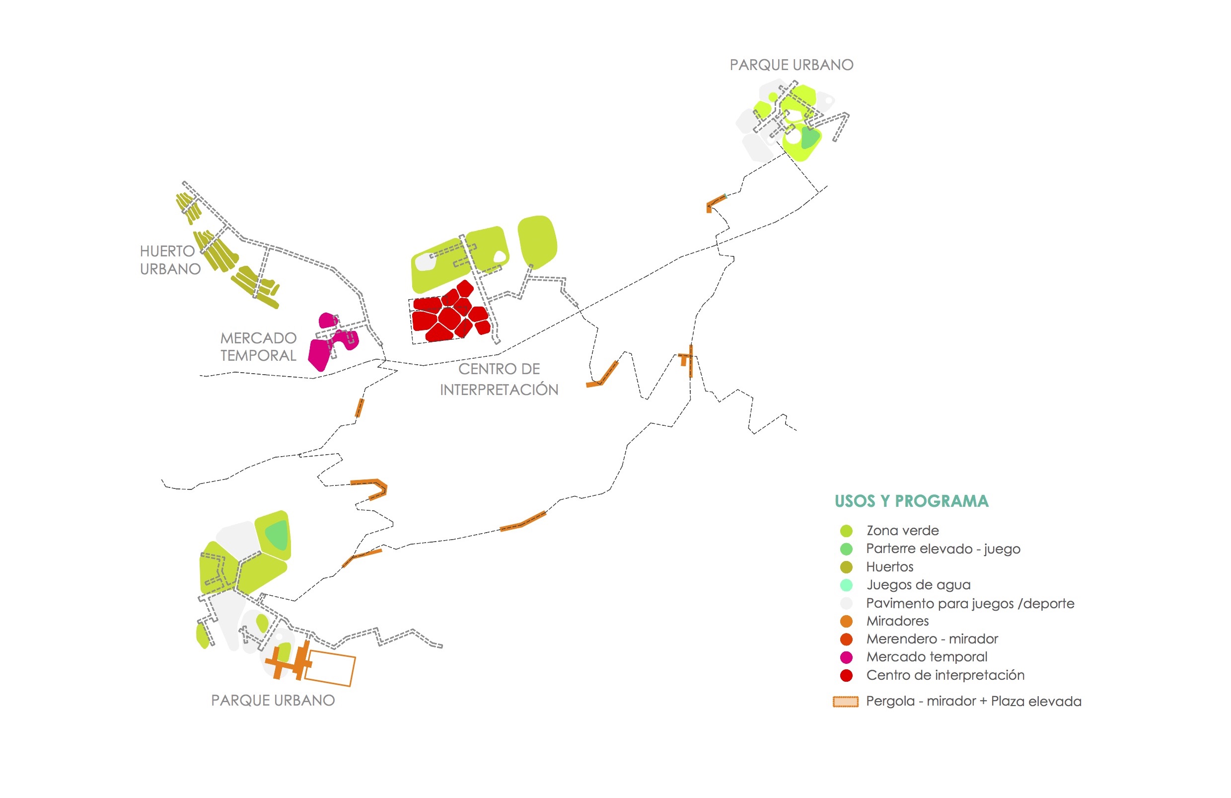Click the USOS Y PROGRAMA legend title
pos(911,501)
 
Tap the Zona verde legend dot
pos(846,531)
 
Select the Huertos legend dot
pos(846,567)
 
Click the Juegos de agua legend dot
pos(846,585)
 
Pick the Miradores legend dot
pos(846,622)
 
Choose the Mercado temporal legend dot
pos(846,657)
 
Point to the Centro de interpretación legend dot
pos(846,675)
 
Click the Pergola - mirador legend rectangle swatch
pos(845,702)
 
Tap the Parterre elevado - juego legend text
pos(943,549)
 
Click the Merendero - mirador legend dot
pos(846,639)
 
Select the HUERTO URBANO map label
pos(170,260)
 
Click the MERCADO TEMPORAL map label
pos(258,347)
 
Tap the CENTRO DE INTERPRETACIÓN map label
pos(499,379)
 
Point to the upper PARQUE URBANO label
pos(792,65)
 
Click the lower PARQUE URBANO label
pos(273,700)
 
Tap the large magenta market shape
pos(319,354)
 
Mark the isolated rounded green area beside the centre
pos(537,242)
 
